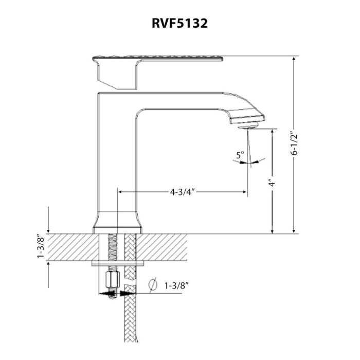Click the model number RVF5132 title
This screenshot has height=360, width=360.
pyautogui.click(x=179, y=24)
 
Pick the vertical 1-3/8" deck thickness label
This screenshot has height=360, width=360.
pyautogui.click(x=41, y=247)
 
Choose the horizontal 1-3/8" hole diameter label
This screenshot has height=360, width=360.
pyautogui.click(x=176, y=284)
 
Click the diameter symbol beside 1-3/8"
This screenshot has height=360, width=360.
pyautogui.click(x=152, y=284)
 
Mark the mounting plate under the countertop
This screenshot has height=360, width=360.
pyautogui.click(x=117, y=263)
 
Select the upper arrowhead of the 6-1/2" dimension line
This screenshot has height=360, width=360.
pyautogui.click(x=294, y=60)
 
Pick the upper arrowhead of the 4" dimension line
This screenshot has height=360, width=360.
pyautogui.click(x=272, y=132)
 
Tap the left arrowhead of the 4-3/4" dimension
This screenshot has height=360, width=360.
pyautogui.click(x=121, y=192)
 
